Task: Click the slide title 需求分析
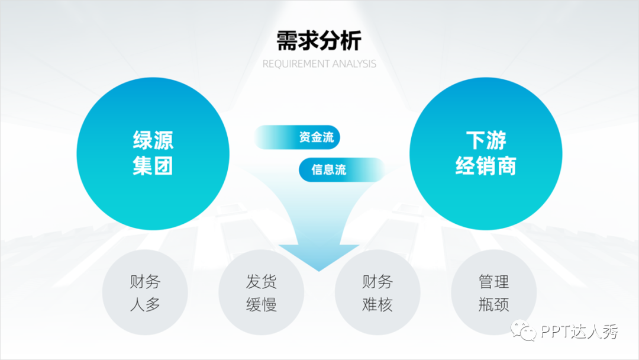pos(319,41)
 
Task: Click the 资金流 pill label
pos(316,138)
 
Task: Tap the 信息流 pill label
pos(329,170)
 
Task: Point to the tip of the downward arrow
pos(319,269)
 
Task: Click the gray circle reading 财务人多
pos(145,293)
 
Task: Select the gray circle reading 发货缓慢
pos(261,293)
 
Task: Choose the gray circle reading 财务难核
pos(377,293)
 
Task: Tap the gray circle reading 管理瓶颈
pos(493,293)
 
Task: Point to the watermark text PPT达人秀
pos(579,332)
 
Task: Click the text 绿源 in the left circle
pos(153,141)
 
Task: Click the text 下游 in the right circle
pos(485,141)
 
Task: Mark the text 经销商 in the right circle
pos(485,166)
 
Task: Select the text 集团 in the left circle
pos(153,166)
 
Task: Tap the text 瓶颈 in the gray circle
pos(493,305)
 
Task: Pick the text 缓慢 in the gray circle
pos(261,305)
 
